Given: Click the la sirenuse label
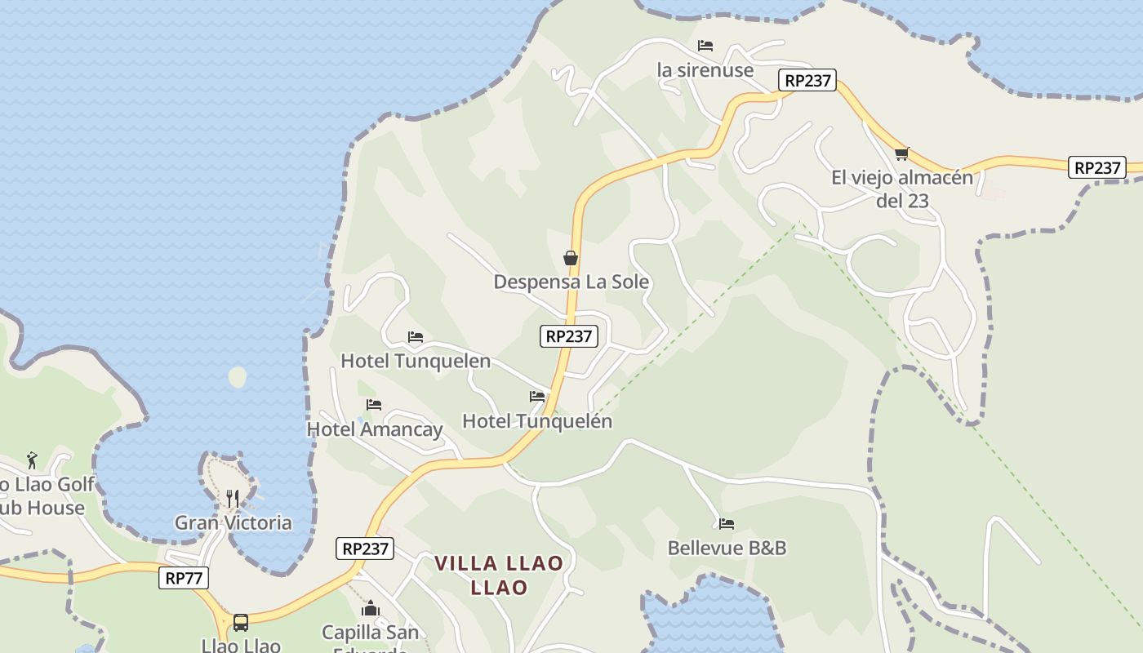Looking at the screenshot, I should click(x=705, y=70).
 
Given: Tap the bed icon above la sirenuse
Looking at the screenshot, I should click(x=705, y=46).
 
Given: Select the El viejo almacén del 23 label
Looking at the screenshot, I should click(x=901, y=189).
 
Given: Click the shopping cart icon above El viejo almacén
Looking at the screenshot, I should click(x=901, y=153).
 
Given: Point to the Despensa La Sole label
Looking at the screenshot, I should click(x=571, y=282).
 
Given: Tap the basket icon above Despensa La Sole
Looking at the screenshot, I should click(x=571, y=259).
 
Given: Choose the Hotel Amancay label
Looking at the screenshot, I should click(x=374, y=429).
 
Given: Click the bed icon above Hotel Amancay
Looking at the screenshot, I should click(x=374, y=405).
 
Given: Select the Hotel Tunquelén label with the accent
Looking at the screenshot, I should click(x=536, y=421).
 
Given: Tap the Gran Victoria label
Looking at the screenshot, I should click(x=233, y=522).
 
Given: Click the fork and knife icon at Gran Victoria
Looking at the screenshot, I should click(x=233, y=498).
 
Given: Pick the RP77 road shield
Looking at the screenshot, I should click(x=184, y=578).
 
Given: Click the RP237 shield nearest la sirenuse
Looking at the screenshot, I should click(x=807, y=80).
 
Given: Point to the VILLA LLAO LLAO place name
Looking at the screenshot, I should click(x=498, y=575).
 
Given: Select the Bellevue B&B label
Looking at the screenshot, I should click(x=727, y=548).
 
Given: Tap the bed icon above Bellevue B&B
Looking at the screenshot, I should click(x=727, y=524).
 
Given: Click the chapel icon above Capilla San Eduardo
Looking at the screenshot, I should click(x=371, y=608).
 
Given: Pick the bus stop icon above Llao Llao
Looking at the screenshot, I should click(x=241, y=622).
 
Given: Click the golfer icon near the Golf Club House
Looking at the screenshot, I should click(x=32, y=460).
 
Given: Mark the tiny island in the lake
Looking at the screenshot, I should click(x=238, y=377).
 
